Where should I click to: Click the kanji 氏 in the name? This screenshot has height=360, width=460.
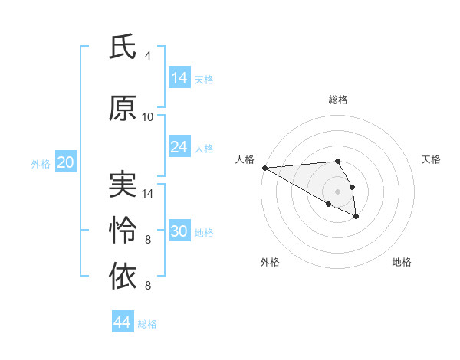123,47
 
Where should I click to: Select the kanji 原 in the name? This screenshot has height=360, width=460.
123,109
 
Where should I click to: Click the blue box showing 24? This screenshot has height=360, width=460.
179,147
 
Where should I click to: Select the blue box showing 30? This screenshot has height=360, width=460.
179,231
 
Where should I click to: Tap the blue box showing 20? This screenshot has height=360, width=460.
66,162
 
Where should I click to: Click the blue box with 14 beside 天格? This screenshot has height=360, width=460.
179,78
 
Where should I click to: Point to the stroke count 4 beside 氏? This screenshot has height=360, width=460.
148,56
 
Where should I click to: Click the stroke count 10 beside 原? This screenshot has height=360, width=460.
148,117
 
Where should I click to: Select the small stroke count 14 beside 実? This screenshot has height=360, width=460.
148,193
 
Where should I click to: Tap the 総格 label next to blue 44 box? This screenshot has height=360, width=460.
147,324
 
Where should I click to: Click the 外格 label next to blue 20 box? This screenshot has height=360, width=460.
41,163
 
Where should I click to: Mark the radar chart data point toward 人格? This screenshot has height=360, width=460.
264,168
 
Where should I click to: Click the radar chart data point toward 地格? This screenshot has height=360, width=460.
356,217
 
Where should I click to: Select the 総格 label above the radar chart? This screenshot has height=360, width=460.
337,100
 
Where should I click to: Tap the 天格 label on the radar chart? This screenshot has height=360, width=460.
431,159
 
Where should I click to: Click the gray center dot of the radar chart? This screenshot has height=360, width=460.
337,191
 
